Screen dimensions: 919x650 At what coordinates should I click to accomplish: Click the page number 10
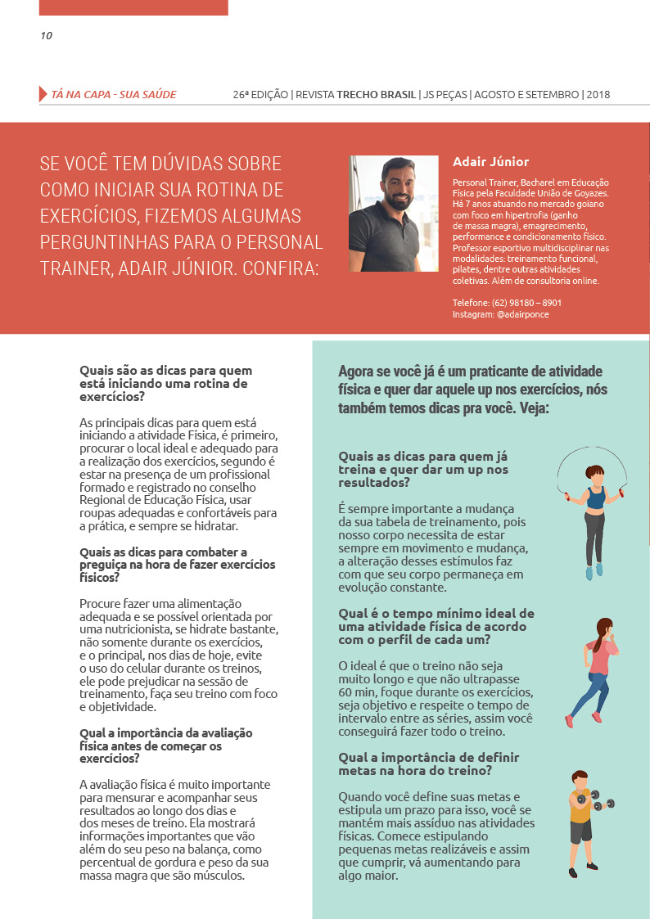pos(46,35)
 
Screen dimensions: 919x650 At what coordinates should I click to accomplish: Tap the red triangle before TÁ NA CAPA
pos(43,94)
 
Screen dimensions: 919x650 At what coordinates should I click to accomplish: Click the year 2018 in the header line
pos(599,94)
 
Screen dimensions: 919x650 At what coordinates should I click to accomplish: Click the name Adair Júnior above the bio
pos(490,162)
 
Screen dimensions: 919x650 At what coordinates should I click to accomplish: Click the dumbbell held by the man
pos(582,798)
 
